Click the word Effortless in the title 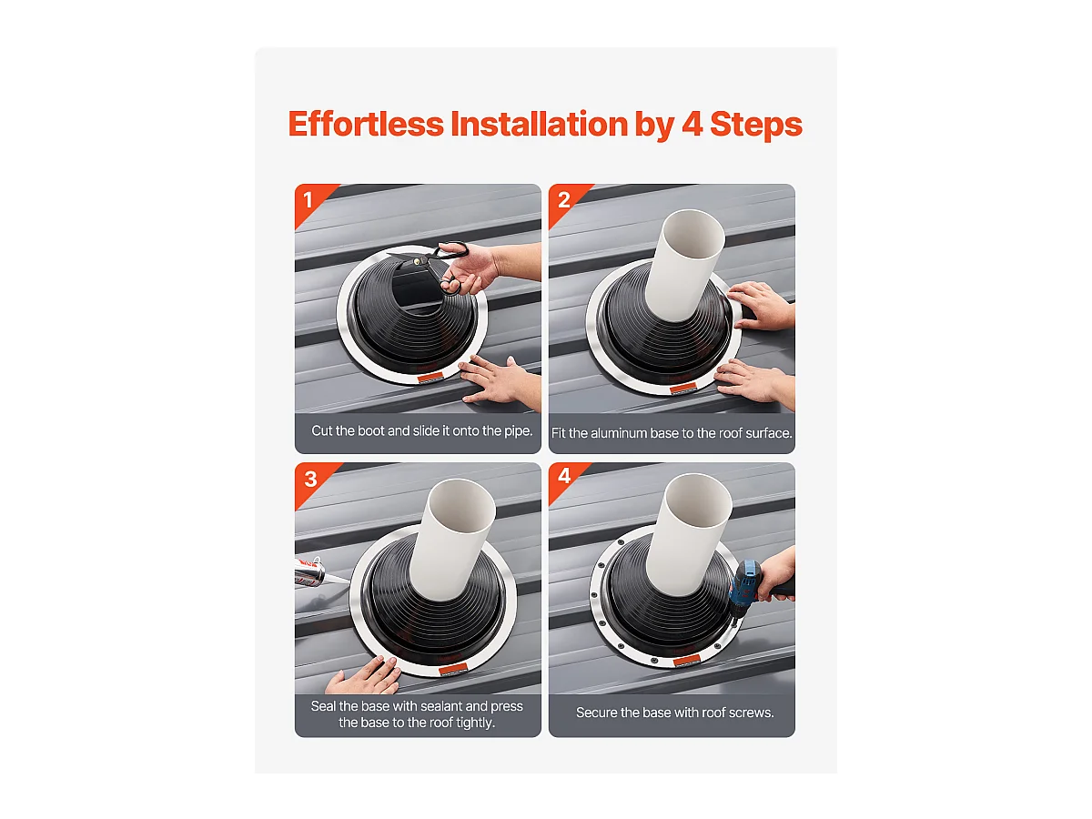[366, 124]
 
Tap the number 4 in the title [692, 124]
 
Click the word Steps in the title [756, 125]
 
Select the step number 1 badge [308, 200]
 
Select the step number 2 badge [563, 200]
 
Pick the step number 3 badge [310, 479]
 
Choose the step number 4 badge [564, 476]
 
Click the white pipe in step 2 [684, 266]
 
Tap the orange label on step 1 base [430, 378]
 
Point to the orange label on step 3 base [452, 670]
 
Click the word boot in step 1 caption [370, 430]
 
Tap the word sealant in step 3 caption [441, 706]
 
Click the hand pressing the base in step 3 [364, 676]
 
